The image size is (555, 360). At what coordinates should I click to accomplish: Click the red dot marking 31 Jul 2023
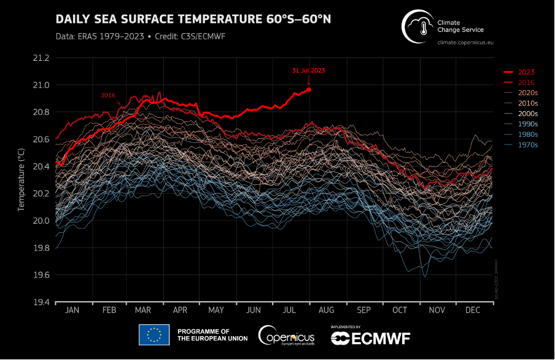309,90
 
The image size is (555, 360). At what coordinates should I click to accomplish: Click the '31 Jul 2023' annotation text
308,71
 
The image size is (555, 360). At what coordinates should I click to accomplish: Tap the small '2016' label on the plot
108,95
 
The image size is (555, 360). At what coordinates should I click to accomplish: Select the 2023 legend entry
526,72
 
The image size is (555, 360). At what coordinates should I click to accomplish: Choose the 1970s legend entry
527,145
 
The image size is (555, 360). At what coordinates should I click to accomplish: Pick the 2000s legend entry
527,114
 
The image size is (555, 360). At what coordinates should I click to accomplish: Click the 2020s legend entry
527,93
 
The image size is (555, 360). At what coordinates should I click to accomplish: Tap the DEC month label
473,311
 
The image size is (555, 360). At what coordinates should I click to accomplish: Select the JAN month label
72,311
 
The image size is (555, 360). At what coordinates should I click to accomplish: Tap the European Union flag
153,335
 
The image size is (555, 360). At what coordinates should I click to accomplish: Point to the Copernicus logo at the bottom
287,335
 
